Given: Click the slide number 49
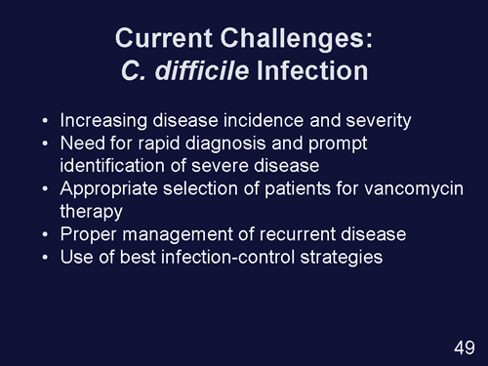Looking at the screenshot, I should (x=465, y=348).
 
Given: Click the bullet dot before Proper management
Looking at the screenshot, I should (x=46, y=235).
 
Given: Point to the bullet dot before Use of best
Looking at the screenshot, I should (x=46, y=258).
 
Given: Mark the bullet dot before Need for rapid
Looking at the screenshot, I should (x=46, y=145).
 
